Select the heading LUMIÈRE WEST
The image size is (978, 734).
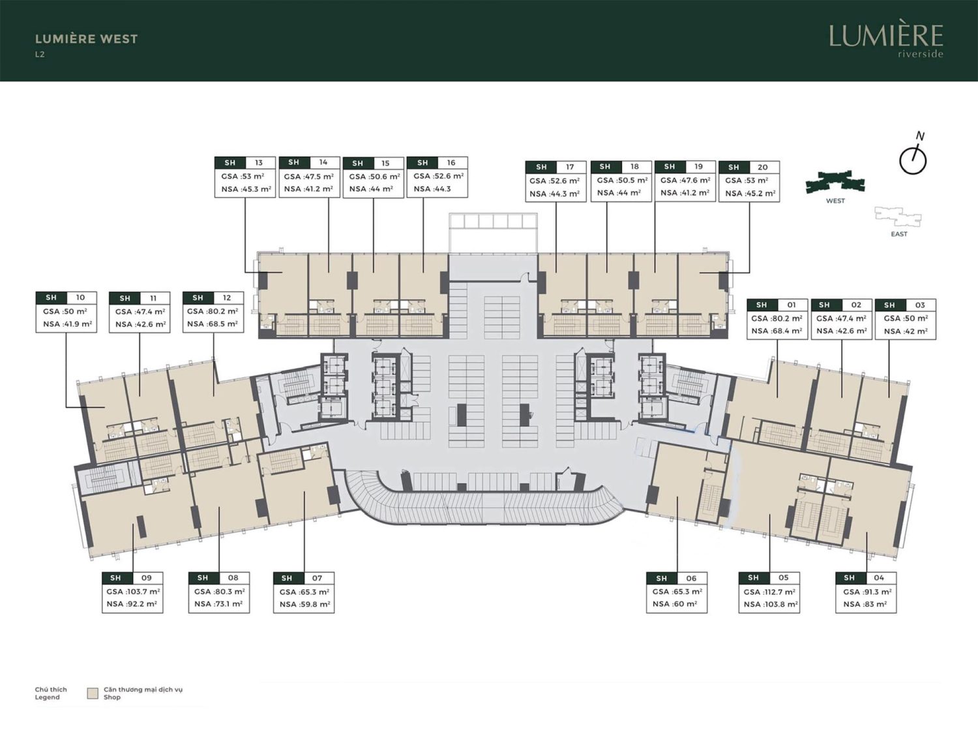point(87,39)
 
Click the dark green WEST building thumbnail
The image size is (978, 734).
point(835,181)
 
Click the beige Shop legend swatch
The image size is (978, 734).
point(93,694)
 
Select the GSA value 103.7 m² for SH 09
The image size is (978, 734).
point(133,591)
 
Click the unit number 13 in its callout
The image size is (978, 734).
point(258,162)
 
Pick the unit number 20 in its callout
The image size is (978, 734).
point(762,167)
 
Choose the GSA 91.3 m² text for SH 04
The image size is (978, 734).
point(867,592)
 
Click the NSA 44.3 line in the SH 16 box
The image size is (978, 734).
point(432,189)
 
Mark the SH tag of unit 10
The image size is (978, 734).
point(52,298)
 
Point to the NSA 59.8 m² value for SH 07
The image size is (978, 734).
point(304,604)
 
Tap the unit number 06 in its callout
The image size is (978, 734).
point(691,579)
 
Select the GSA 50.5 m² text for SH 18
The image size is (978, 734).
point(622,181)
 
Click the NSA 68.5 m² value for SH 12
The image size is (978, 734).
point(213,324)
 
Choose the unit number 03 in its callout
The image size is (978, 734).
point(920,305)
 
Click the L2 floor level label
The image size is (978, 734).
point(40,55)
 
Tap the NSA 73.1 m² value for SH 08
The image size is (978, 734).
point(218,604)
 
